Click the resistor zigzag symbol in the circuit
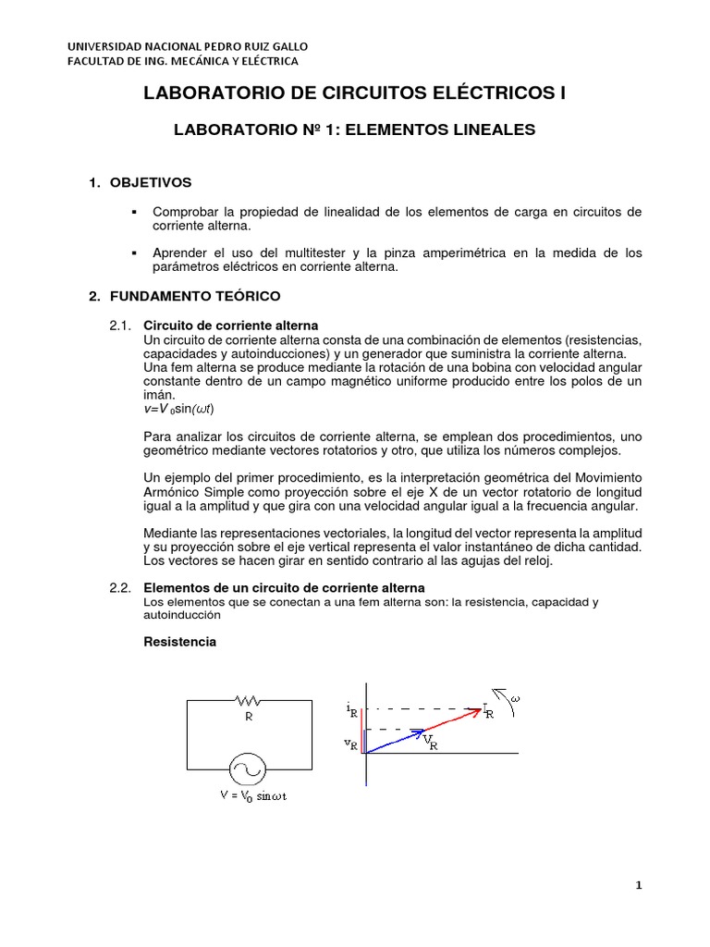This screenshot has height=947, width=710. [248, 701]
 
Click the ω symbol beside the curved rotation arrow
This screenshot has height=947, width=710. [515, 698]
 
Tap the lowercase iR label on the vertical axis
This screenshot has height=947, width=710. [352, 710]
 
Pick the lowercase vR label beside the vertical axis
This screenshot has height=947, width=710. [351, 743]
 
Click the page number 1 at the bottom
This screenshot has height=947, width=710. [638, 885]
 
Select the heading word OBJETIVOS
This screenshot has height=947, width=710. [151, 183]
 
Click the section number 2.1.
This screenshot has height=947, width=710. [121, 326]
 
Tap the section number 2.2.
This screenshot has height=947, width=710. [121, 587]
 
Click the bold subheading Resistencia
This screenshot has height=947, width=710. [180, 641]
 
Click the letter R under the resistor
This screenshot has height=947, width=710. [248, 716]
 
